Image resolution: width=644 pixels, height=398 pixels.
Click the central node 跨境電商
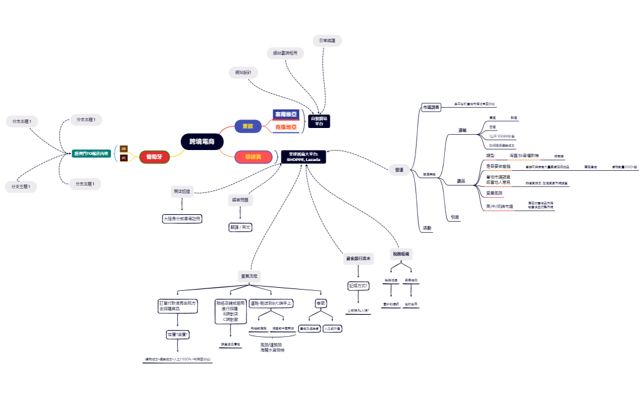coord(202,141)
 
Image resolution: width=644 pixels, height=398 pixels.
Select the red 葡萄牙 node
coord(154,156)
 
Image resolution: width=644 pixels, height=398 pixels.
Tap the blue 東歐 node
coord(248,126)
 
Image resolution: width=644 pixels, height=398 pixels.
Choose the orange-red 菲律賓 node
coord(254,157)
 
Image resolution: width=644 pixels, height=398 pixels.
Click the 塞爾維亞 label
coord(286,115)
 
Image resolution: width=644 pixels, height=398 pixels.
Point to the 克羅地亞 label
coord(286,127)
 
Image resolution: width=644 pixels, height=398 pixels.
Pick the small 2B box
coord(124,149)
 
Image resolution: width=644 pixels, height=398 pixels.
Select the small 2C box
coord(124,158)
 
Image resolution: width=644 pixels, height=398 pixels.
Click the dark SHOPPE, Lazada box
coord(303,157)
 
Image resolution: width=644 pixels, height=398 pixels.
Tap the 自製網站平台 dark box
coord(319,121)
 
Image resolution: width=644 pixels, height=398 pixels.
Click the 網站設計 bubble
coord(243,72)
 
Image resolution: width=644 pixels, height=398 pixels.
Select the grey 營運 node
coord(400,170)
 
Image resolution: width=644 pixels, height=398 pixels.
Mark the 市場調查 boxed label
coord(431,107)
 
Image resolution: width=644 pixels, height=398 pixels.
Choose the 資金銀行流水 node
coord(357,260)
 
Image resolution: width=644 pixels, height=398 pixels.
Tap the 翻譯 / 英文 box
coord(240,227)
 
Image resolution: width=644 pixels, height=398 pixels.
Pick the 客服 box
coord(320,303)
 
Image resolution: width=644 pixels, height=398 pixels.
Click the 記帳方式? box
coord(358,285)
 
